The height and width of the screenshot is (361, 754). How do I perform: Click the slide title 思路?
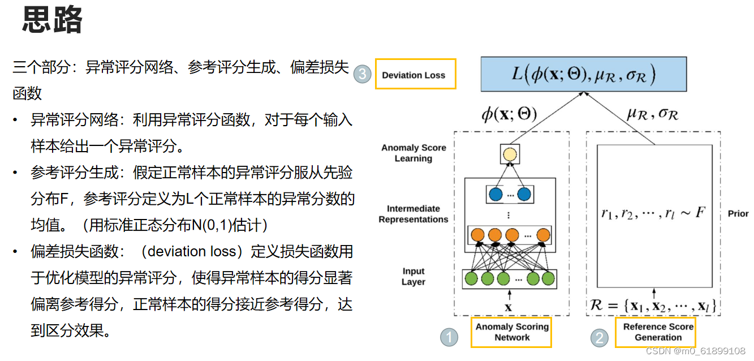coord(53,21)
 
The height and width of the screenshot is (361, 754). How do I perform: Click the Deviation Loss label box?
coord(415,74)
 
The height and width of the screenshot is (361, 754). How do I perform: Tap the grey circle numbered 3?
coord(362,75)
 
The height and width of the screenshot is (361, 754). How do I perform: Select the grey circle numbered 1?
coord(449,338)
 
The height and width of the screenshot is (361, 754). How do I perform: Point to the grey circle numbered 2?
coord(599,338)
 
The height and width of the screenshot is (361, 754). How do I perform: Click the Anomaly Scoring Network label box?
coord(511,332)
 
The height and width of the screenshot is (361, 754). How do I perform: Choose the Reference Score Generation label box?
coord(657,332)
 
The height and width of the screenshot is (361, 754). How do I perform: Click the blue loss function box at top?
coord(583,74)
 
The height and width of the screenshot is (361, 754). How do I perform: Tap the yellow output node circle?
coord(510,154)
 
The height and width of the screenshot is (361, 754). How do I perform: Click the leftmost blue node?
coord(496,195)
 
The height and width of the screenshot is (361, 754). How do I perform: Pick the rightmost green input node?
coord(548,278)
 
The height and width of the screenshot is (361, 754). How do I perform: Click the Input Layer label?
coord(413,277)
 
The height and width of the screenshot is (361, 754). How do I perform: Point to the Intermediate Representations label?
coord(413,214)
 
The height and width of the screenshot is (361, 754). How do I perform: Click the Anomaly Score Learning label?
coord(413,153)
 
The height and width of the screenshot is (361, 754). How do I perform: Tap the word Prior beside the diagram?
coord(738,214)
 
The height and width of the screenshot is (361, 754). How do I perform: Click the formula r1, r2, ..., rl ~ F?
coord(653,214)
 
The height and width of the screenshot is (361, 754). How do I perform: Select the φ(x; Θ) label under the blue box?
coord(509,115)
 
